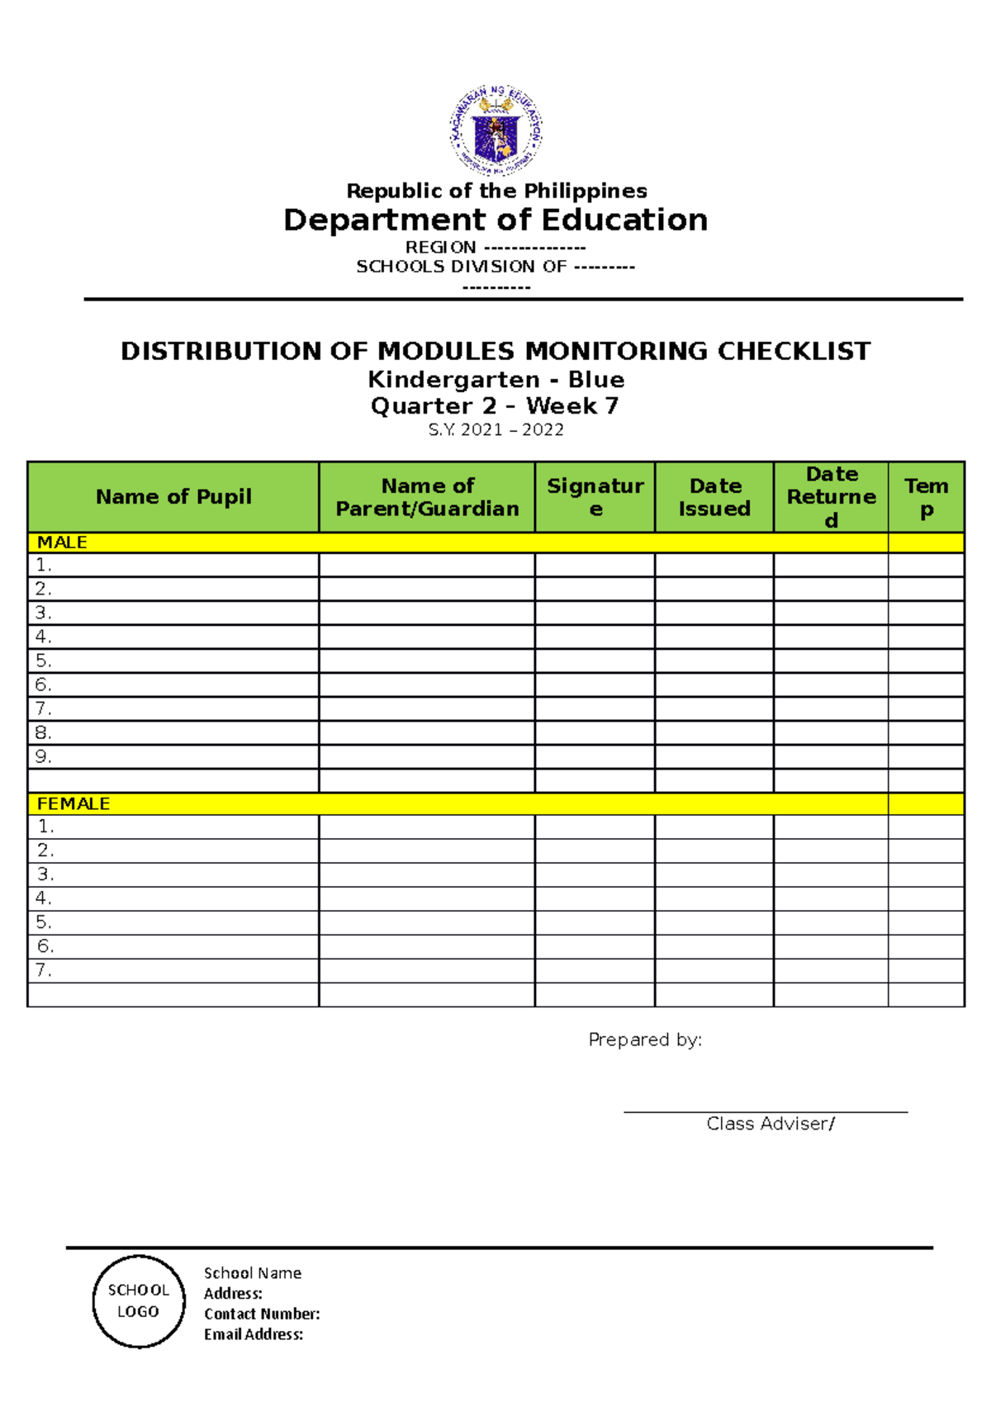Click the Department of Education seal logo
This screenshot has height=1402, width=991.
click(495, 130)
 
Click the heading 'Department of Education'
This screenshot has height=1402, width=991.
click(495, 220)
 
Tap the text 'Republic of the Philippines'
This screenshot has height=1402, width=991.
click(496, 191)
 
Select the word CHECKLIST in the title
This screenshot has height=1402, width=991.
click(793, 351)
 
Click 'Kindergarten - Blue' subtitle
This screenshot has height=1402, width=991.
click(495, 380)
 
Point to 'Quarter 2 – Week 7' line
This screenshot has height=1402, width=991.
click(495, 406)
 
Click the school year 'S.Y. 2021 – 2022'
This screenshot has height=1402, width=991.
click(495, 430)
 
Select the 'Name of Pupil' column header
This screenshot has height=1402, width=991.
click(173, 497)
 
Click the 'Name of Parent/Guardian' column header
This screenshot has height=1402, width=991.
click(427, 497)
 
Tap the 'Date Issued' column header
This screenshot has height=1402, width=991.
click(714, 497)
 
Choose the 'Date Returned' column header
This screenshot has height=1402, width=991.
click(832, 497)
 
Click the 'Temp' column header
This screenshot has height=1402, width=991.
click(926, 497)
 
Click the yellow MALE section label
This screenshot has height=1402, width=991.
click(62, 542)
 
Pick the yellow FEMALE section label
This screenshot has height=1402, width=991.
click(73, 803)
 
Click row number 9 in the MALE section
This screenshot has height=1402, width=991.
click(43, 756)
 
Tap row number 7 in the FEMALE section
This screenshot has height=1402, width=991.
click(44, 970)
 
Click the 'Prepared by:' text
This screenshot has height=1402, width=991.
click(645, 1040)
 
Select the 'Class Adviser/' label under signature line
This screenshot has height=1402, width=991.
click(771, 1124)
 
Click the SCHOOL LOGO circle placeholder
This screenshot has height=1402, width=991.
click(139, 1301)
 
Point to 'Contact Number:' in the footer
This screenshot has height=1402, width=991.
click(262, 1314)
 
